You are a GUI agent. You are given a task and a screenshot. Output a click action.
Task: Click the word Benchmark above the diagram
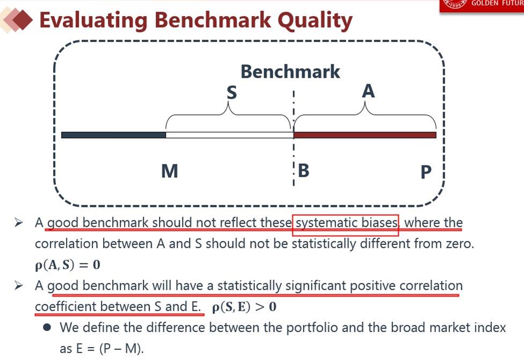click(290, 71)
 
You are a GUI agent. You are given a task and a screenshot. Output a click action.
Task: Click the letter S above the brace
click(231, 92)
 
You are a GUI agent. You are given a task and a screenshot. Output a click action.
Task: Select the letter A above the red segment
click(368, 91)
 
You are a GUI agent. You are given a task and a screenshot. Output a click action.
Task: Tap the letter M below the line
click(170, 171)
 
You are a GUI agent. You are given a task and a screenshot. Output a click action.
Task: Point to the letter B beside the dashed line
click(303, 170)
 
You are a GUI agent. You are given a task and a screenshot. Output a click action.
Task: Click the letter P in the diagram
click(426, 172)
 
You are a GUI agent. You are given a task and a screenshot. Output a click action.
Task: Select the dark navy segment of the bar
click(114, 135)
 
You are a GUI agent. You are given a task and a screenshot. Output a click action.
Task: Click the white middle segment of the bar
click(230, 135)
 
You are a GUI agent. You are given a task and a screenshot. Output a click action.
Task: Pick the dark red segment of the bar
click(365, 135)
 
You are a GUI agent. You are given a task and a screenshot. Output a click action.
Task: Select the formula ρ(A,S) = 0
click(68, 265)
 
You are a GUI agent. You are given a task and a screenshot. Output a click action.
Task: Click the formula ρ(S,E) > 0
click(244, 307)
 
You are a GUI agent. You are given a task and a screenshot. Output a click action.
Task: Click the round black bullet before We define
click(47, 327)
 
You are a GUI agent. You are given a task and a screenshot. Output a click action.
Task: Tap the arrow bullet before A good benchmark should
click(19, 222)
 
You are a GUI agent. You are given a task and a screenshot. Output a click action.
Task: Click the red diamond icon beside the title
click(22, 20)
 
